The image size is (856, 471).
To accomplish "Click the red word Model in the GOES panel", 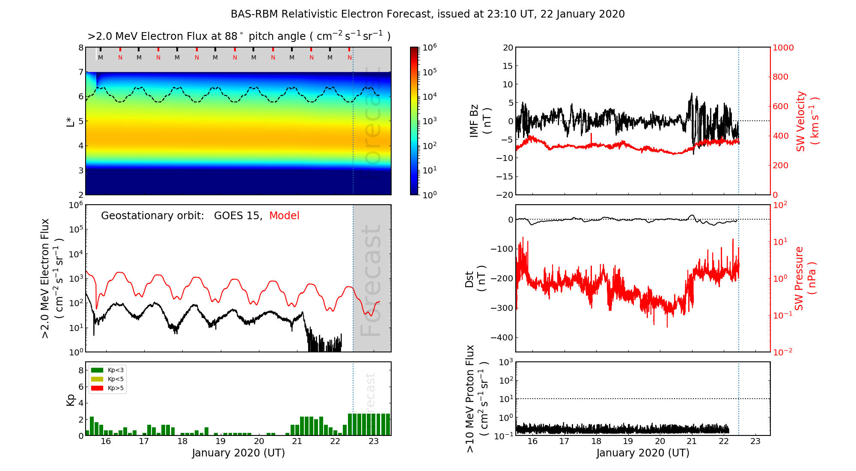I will coord(284,216).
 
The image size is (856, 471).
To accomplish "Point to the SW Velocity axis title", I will coord(807,121).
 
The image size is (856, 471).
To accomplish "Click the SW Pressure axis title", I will coord(805,278).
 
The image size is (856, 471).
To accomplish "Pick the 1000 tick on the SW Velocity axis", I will coord(783,48).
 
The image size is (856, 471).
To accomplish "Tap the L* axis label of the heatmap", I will coord(71,121).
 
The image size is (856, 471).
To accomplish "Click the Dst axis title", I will coord(475,278).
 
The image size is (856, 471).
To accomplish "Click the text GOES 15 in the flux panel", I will coord(237,216).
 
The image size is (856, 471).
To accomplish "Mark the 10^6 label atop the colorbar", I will coord(429,47).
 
